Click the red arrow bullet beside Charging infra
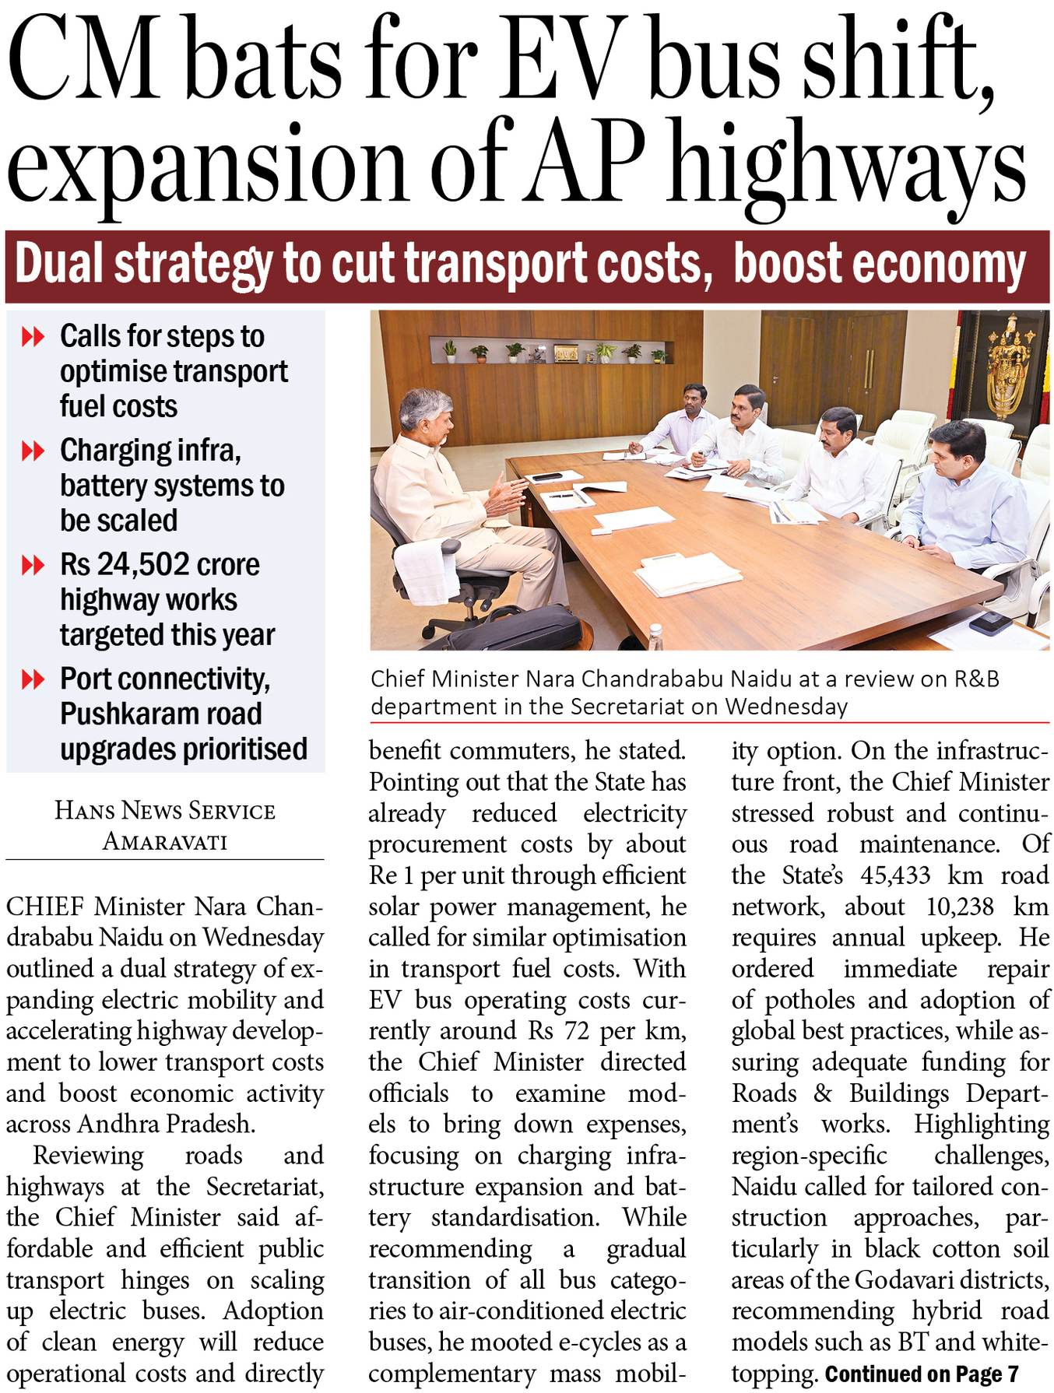click(x=33, y=451)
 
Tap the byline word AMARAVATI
click(x=165, y=842)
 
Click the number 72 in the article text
click(x=577, y=1031)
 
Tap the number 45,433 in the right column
click(x=895, y=875)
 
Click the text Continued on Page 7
click(x=922, y=1374)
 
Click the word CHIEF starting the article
click(x=45, y=907)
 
